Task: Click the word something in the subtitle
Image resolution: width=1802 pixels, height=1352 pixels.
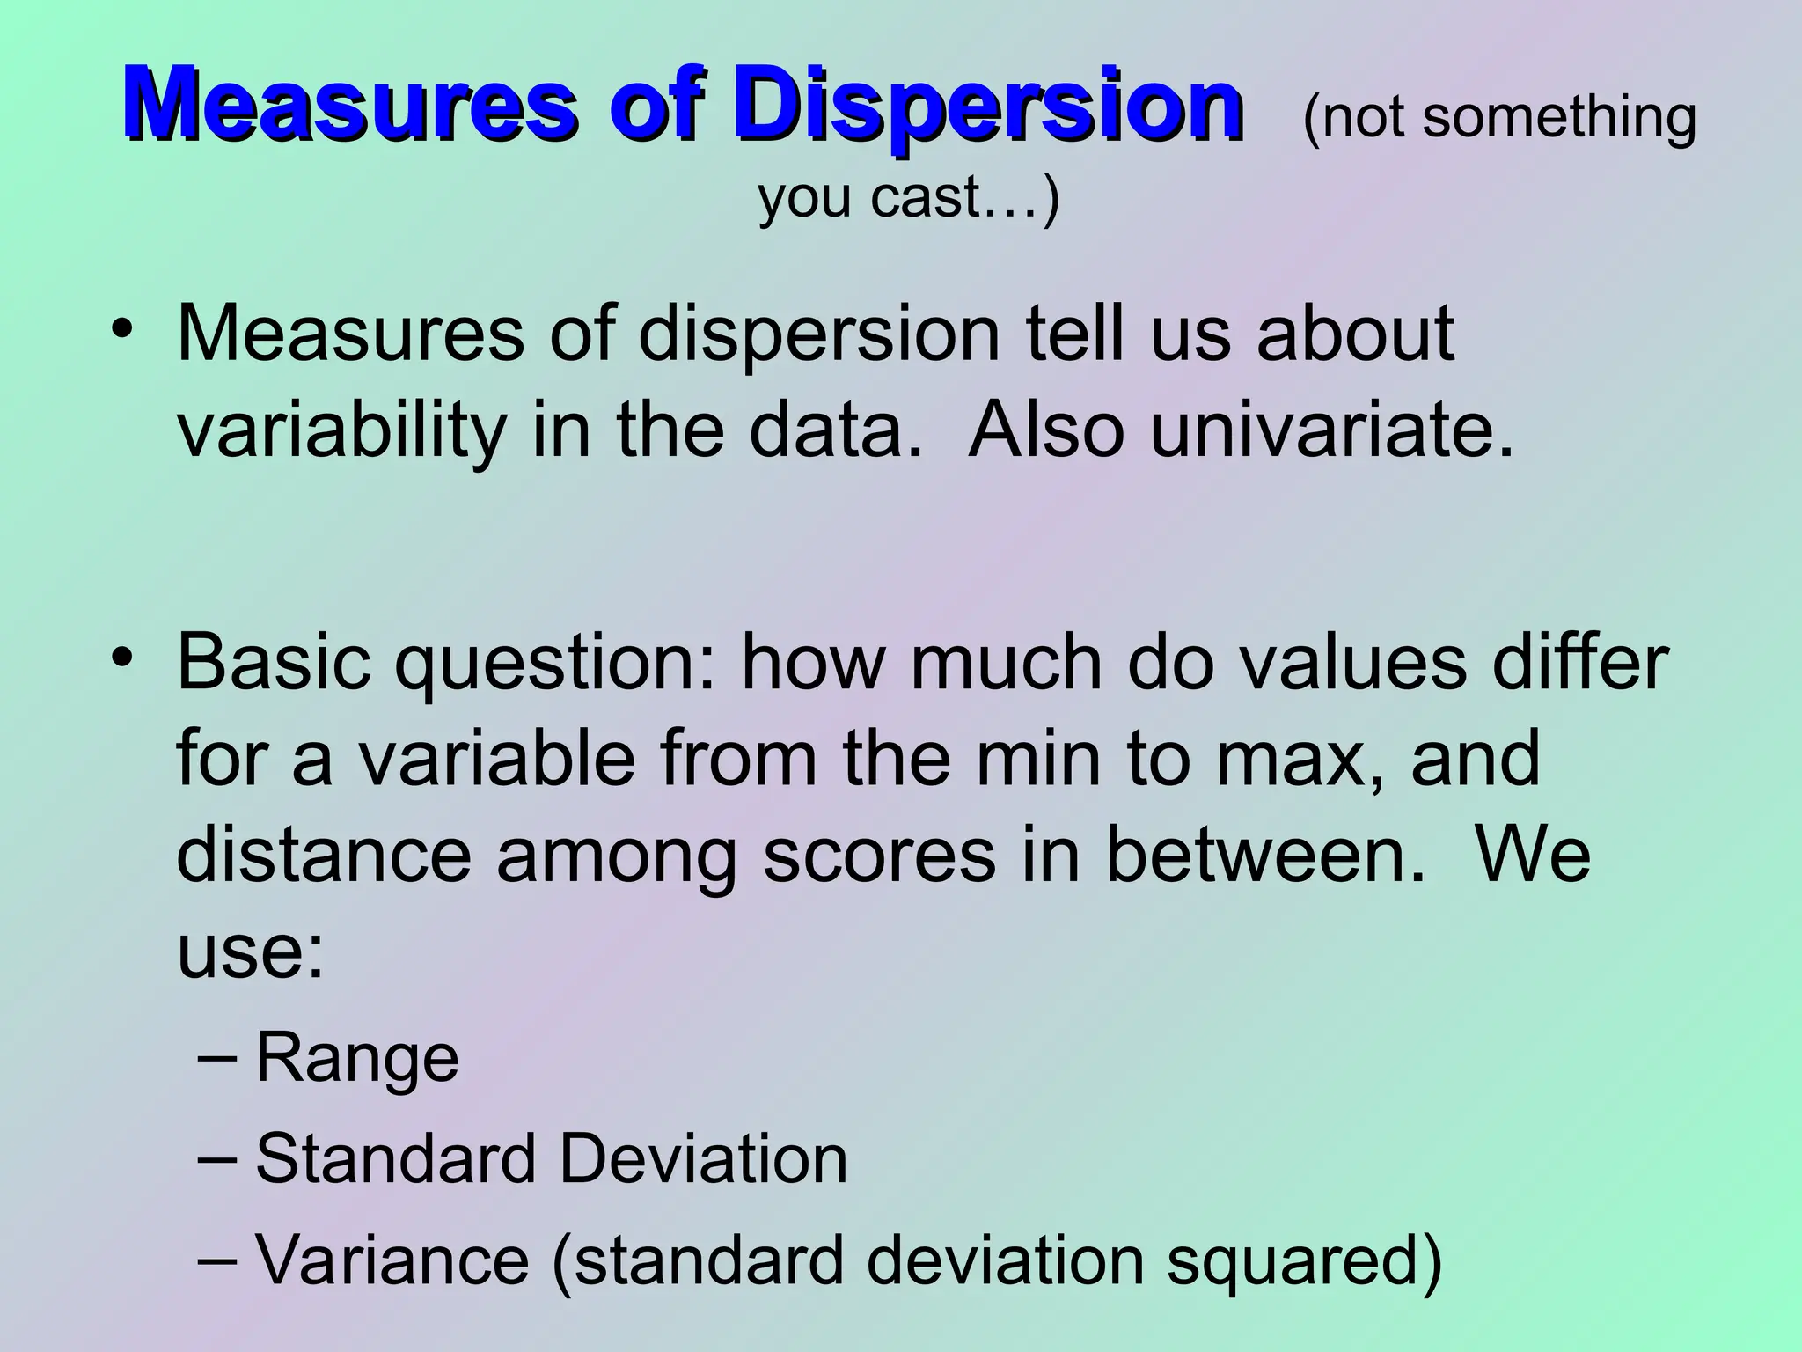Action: (1559, 117)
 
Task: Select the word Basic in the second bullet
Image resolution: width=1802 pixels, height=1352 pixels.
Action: (274, 662)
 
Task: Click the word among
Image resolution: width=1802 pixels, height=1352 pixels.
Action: (616, 856)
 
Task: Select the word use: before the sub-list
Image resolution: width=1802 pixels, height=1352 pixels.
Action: (251, 952)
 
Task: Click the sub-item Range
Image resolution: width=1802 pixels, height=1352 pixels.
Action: (356, 1059)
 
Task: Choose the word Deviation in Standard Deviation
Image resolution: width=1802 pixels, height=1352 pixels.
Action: (703, 1159)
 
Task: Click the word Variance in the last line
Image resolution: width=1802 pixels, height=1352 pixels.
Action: (392, 1260)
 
